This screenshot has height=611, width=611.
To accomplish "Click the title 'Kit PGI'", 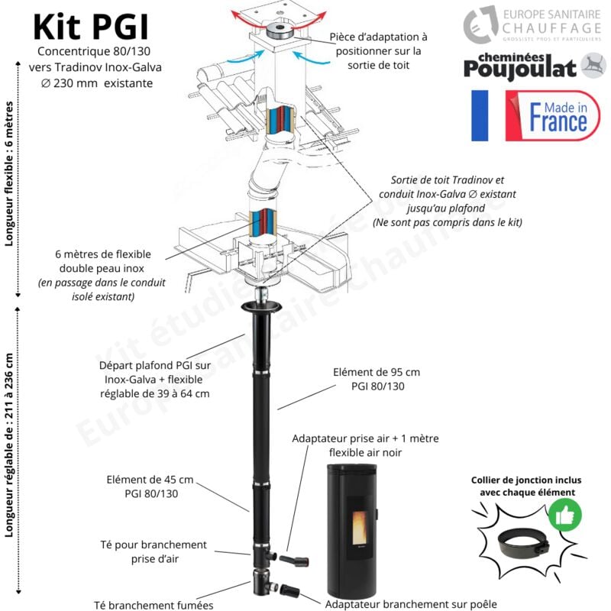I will [91, 27].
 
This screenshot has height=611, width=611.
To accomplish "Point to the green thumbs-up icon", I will [565, 516].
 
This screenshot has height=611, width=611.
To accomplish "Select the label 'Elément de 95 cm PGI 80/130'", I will [377, 380].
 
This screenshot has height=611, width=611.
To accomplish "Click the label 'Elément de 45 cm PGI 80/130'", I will [150, 487].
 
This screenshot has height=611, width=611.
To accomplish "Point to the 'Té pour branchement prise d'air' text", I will [154, 551].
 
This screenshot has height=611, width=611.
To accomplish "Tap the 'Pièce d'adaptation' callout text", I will [380, 51].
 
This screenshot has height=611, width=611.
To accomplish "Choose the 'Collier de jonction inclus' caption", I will [526, 486].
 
